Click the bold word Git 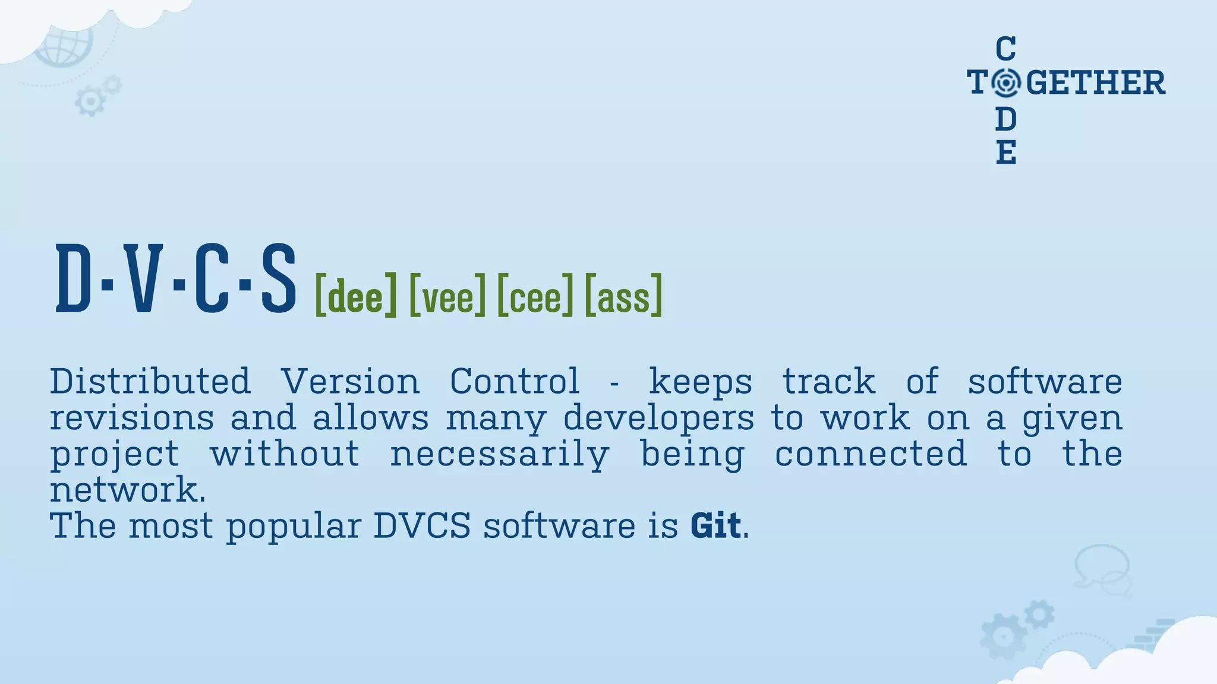click(715, 525)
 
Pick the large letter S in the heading click(278, 278)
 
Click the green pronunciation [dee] click(355, 295)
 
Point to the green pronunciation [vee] click(447, 295)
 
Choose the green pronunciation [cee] click(535, 295)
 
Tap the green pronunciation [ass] click(623, 295)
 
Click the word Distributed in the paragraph click(150, 381)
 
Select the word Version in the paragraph click(351, 381)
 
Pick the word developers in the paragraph click(658, 418)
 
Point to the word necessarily click(500, 455)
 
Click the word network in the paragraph click(124, 490)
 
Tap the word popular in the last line click(294, 527)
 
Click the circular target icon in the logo click(1006, 83)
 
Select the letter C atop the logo click(1005, 48)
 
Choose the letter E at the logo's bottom click(1005, 153)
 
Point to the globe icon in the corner click(64, 45)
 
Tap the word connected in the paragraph click(871, 455)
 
